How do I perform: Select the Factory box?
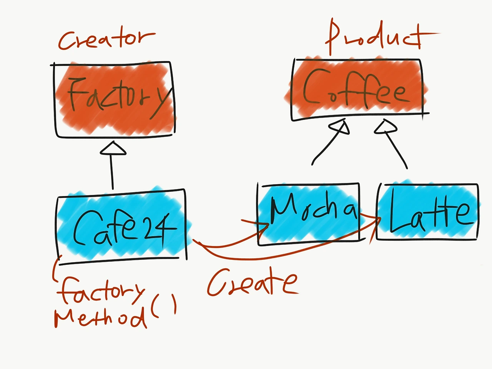coord(113,99)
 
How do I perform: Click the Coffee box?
coord(359,90)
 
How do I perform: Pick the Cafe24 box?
coord(122,227)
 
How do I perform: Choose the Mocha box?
coord(309,214)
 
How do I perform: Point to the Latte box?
coord(427,212)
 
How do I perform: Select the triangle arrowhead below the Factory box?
coord(113,148)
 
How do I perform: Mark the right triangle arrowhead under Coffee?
coord(386,126)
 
